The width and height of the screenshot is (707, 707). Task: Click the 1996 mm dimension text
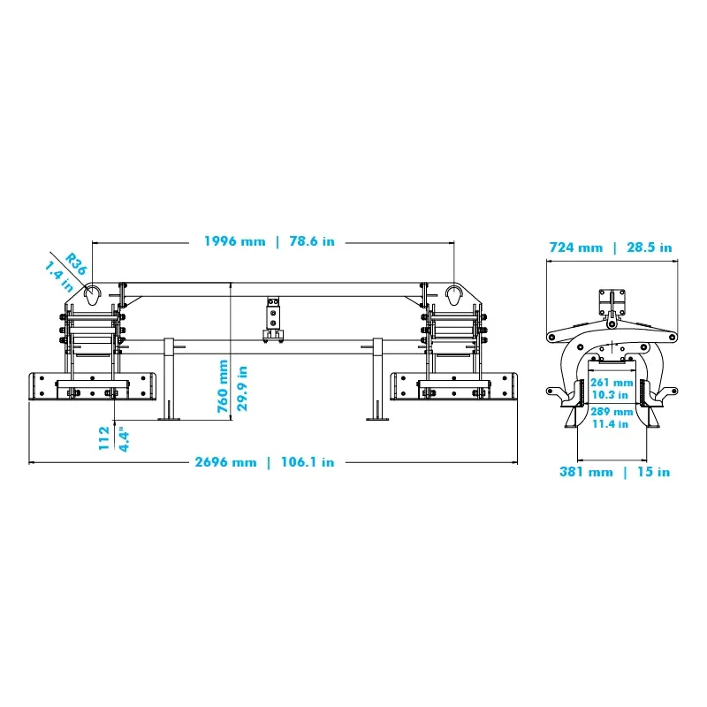pos(234,241)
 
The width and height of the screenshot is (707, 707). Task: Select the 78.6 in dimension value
pos(312,241)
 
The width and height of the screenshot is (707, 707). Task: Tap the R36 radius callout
pos(75,263)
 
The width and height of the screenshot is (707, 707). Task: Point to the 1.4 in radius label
pos(59,276)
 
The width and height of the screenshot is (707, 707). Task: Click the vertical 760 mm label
pos(223,386)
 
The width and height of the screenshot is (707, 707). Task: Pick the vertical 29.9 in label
pos(242,388)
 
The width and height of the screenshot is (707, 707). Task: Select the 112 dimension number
pos(104,437)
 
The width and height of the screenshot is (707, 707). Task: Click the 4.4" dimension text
pos(124,441)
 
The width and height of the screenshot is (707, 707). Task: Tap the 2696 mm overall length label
pos(225,462)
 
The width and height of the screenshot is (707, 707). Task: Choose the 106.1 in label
pos(308,462)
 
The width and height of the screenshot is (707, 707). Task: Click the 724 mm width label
pos(576,247)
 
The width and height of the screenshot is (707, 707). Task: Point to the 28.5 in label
pos(650,247)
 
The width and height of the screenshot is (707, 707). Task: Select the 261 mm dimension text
pos(612,383)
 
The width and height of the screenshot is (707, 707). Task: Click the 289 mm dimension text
pos(612,412)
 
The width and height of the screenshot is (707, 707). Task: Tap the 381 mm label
pos(586,472)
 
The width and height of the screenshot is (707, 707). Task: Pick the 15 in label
pos(653,472)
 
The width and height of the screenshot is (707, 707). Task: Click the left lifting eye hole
pos(93,295)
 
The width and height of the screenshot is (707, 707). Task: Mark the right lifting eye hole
pos(454,295)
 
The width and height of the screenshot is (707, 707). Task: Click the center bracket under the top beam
pos(273,320)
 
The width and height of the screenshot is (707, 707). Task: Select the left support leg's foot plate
pos(169,419)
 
